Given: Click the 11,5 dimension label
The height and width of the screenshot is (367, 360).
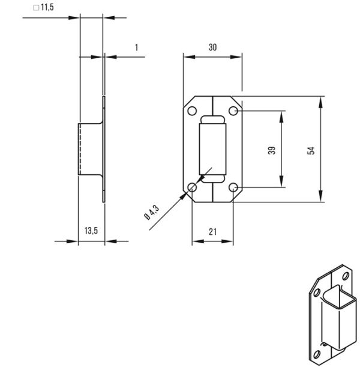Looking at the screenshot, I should coord(47,7).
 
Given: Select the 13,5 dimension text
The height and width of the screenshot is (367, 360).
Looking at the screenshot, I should coord(91,230).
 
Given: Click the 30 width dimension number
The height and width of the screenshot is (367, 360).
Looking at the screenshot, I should coord(212,47).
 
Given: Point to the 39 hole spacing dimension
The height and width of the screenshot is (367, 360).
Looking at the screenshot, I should coord(271,150).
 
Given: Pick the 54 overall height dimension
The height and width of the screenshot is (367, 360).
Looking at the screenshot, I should coord(311,150).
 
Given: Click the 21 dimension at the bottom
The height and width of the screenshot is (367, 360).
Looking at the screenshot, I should coord(212,231).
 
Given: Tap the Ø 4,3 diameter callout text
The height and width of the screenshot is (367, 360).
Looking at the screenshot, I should coord(151,213).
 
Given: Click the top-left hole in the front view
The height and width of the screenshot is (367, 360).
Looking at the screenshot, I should coord(192,112).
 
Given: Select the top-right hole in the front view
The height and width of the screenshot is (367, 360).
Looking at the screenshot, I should coord(233,112).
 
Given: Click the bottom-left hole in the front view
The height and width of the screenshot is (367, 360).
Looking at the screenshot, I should coord(192,188).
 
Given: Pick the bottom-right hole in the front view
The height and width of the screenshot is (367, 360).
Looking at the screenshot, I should coord(233,188).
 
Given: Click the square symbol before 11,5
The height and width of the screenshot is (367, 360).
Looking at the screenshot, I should coord(35,7).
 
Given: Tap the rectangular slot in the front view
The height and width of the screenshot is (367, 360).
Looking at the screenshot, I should coord(212,150).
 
